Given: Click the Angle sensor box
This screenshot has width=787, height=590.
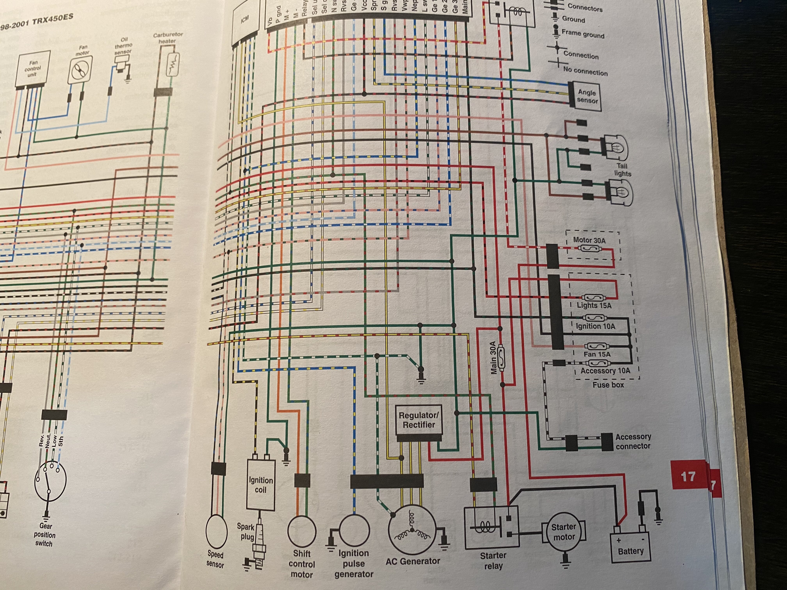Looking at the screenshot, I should click(587, 96).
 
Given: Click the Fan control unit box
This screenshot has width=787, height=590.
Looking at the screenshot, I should click(33, 69).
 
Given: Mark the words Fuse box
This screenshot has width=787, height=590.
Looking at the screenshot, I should click(608, 385).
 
